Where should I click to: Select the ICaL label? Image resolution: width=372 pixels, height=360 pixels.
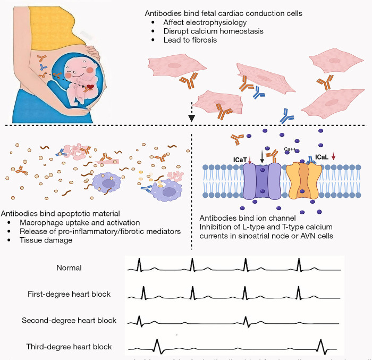(322, 157)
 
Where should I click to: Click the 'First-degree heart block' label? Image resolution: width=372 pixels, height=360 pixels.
(69, 294)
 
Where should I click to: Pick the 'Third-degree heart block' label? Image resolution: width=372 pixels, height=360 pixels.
(69, 347)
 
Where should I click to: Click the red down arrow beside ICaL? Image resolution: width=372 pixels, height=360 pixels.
(334, 156)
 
